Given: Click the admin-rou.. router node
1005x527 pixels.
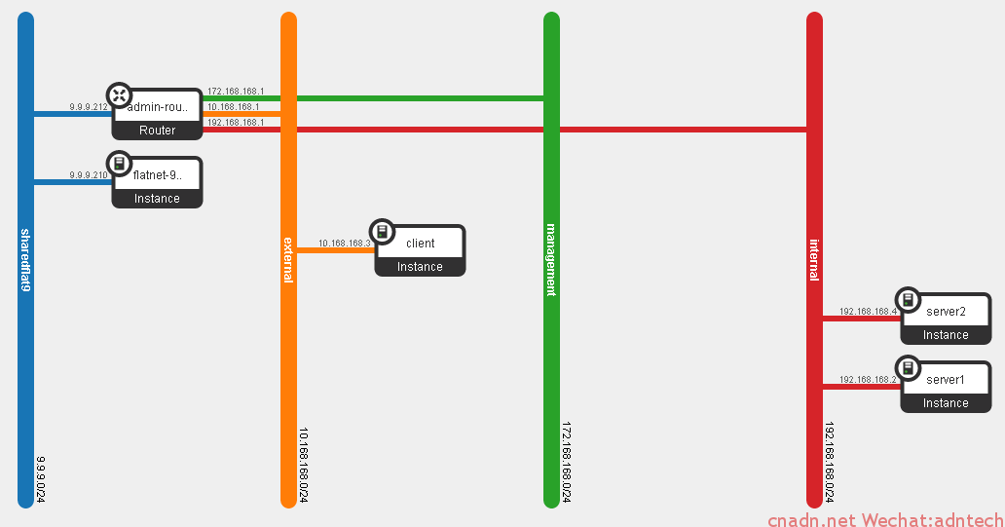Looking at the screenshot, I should click(x=157, y=115).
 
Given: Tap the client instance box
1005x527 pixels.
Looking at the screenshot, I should click(x=420, y=250).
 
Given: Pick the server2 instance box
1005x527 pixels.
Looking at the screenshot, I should click(x=946, y=319).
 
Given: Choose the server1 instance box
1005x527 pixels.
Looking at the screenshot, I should click(x=946, y=387).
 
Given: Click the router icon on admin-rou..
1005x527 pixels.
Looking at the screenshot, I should click(x=119, y=94).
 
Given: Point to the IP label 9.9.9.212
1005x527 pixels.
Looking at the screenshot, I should click(x=89, y=107).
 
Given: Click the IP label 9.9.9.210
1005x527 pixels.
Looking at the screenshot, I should click(x=89, y=175).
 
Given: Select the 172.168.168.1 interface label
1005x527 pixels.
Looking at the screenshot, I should click(x=236, y=92).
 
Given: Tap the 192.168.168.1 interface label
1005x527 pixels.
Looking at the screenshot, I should click(x=236, y=123).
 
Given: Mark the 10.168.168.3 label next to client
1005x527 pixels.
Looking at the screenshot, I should click(x=345, y=244).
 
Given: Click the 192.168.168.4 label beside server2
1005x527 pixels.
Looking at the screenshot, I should click(x=868, y=312).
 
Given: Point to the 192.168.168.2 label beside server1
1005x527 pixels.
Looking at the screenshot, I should click(x=868, y=380).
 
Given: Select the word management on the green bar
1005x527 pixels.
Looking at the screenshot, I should click(x=551, y=259).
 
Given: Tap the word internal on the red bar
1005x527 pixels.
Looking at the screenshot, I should click(x=814, y=259).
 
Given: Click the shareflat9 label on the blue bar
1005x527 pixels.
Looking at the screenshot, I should click(x=26, y=260).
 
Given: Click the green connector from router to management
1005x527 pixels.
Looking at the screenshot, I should click(x=419, y=98).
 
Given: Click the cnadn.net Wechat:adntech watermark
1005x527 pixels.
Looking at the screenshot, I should click(x=884, y=520).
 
